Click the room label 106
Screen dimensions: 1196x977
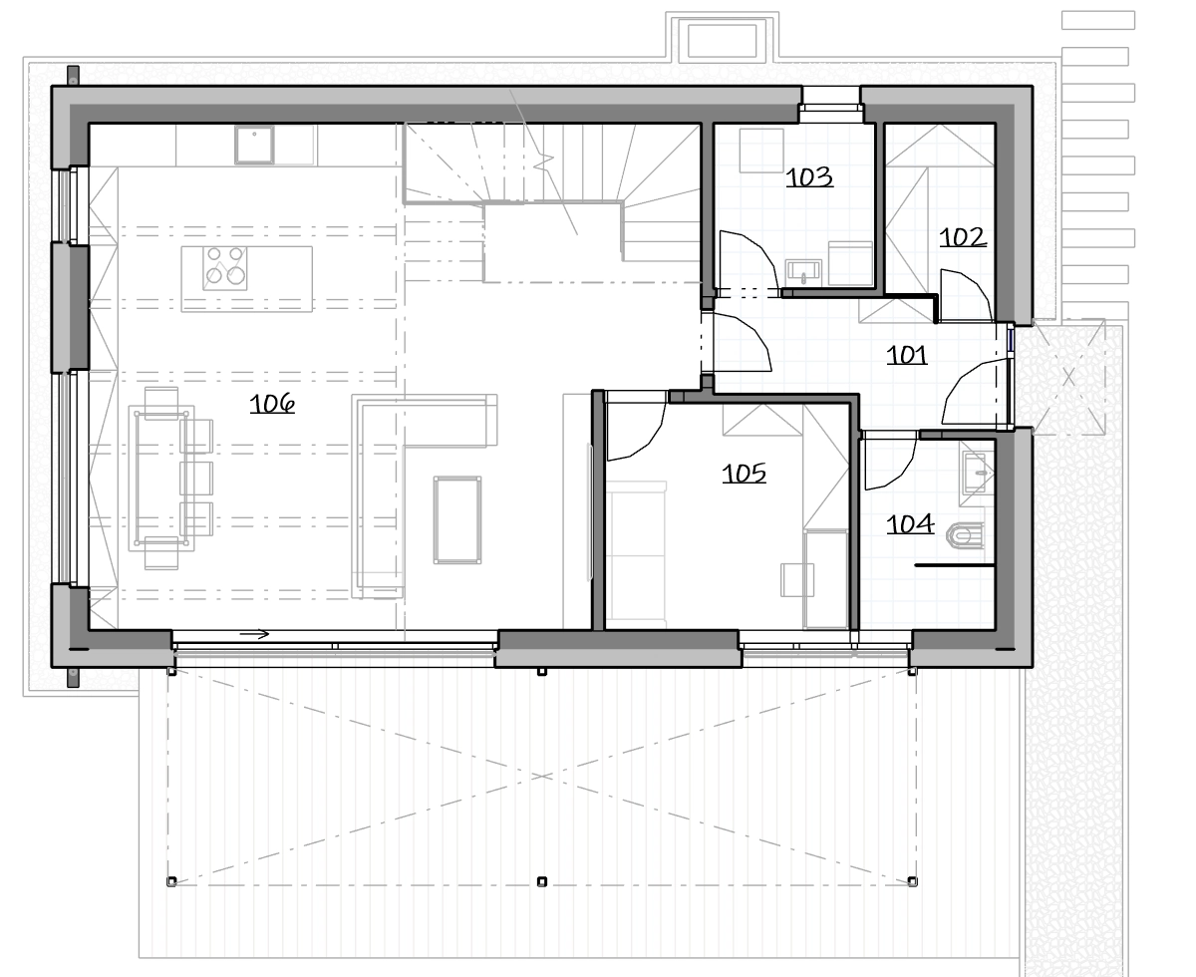tap(272, 404)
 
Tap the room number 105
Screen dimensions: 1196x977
tap(745, 473)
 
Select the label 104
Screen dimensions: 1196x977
tap(910, 523)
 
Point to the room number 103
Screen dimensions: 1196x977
tap(809, 176)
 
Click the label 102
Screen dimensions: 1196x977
tap(963, 237)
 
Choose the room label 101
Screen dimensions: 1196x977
tap(907, 355)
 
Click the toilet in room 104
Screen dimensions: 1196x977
tap(966, 535)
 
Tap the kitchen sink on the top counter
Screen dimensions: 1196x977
tap(254, 145)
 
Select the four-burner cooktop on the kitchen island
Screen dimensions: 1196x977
tap(225, 268)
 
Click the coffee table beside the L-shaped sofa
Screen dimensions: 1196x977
tap(457, 519)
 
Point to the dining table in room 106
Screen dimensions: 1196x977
tap(161, 479)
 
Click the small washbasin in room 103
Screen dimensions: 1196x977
tap(803, 272)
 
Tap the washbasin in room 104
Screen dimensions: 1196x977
tap(977, 473)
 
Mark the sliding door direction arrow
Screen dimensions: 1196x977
tap(254, 634)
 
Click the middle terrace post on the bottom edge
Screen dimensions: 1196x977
tap(541, 881)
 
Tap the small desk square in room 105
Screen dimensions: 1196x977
tap(797, 580)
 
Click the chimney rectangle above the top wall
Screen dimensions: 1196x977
tap(722, 40)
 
